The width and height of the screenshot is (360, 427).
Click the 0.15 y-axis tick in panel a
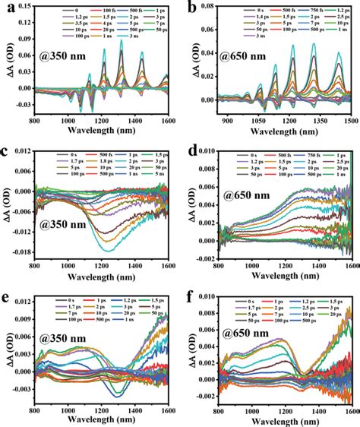(x=23, y=8)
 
